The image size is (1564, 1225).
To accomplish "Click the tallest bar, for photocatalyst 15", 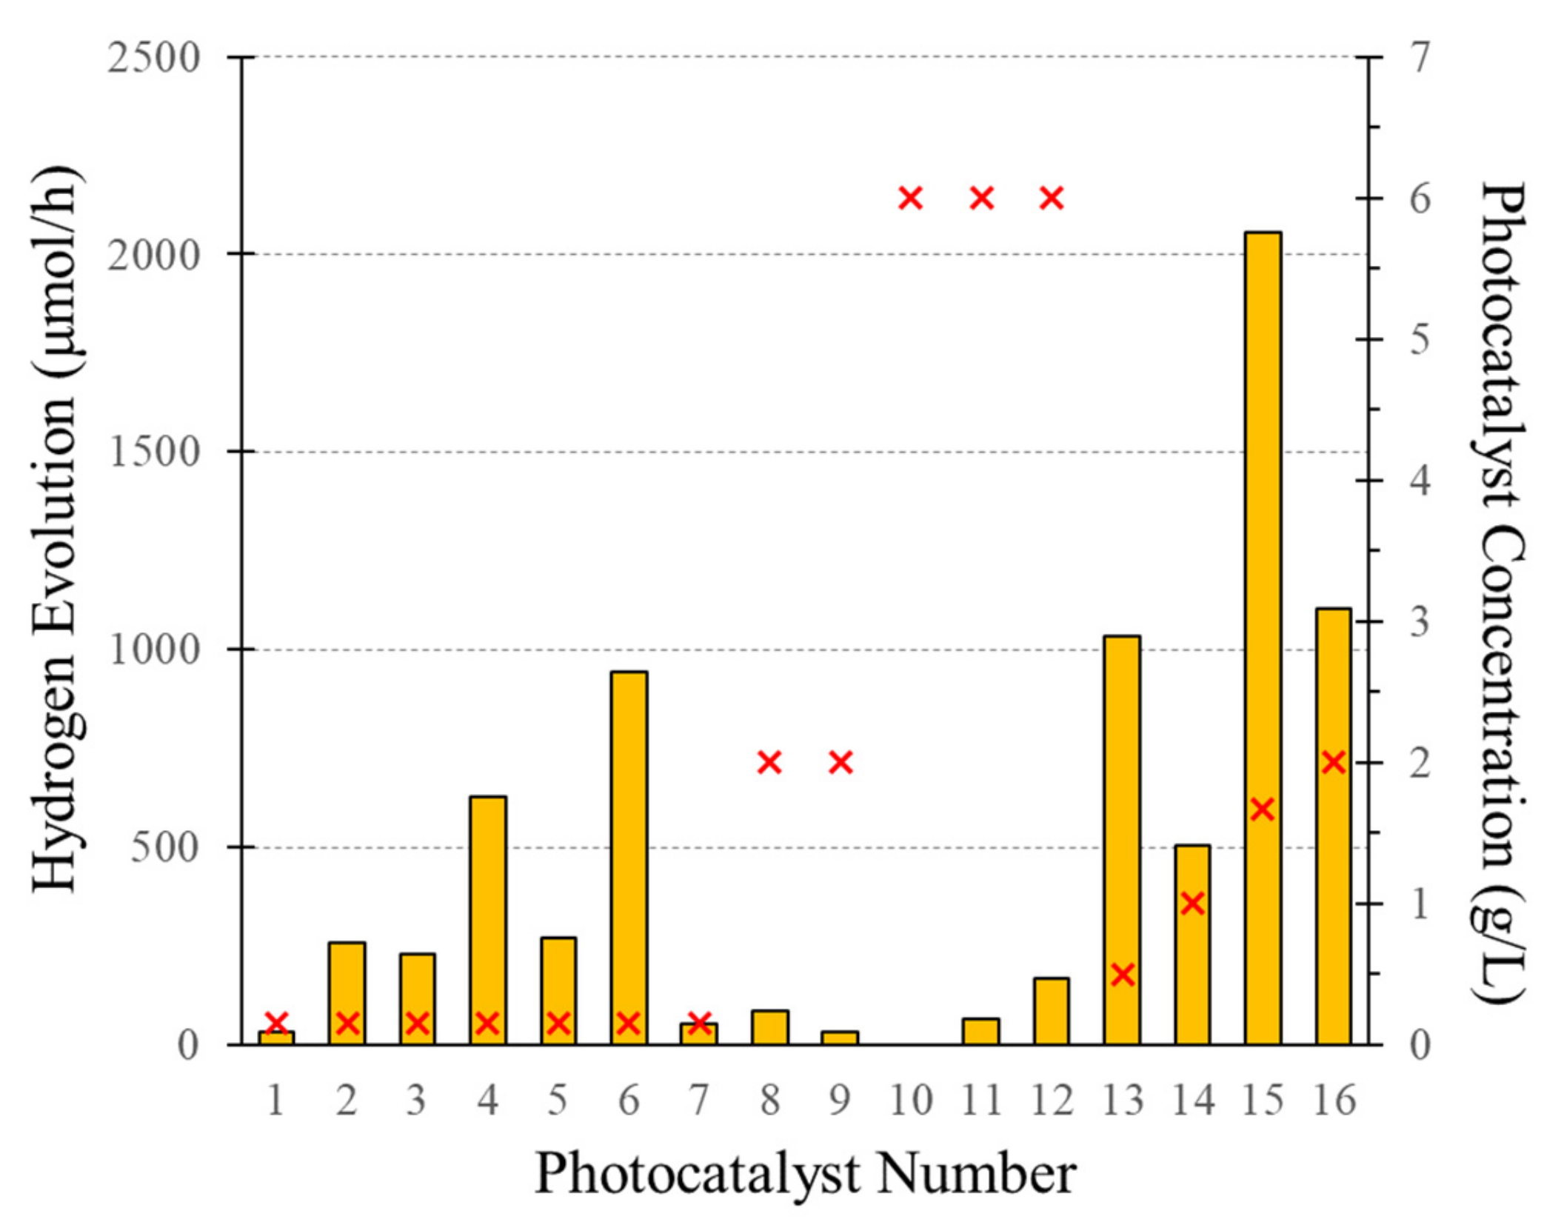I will click(1262, 637).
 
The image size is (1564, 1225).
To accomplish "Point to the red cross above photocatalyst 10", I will click(910, 198).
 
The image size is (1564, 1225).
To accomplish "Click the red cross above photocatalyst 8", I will click(769, 762).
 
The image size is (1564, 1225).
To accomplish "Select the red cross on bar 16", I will click(1333, 762).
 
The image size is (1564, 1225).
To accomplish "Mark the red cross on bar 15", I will click(1262, 810).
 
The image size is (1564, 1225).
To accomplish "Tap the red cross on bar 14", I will click(1192, 903).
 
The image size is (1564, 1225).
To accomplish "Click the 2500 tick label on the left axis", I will click(154, 58).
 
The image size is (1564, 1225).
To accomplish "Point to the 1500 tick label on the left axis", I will click(154, 452).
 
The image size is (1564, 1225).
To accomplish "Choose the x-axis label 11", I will click(980, 1100).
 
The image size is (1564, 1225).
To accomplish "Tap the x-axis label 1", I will click(275, 1100).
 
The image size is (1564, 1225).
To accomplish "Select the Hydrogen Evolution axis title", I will click(56, 530).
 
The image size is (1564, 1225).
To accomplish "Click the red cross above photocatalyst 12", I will click(1051, 198).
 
